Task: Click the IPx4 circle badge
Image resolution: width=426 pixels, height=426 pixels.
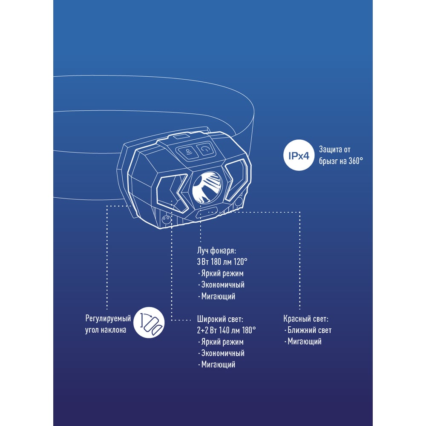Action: (x=299, y=155)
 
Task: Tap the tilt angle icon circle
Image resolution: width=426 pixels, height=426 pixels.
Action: (x=149, y=322)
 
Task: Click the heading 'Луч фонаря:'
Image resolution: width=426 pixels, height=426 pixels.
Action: (x=216, y=250)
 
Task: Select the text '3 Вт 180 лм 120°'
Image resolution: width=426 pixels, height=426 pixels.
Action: (x=222, y=262)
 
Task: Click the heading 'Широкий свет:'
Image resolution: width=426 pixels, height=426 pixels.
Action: (x=220, y=319)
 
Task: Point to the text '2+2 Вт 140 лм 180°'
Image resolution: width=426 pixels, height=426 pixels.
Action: (x=226, y=330)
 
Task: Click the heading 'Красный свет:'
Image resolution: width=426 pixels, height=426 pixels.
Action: (x=305, y=319)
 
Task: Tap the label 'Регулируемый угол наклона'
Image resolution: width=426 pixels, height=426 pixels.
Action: (x=108, y=324)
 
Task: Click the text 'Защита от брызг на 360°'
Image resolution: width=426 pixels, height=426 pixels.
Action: (x=341, y=155)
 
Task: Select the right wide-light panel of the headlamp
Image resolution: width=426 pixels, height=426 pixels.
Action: (x=236, y=179)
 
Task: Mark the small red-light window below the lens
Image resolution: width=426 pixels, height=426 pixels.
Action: (x=207, y=213)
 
